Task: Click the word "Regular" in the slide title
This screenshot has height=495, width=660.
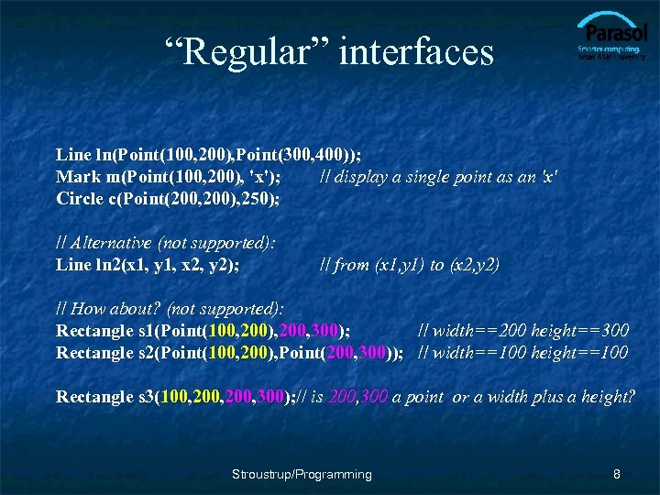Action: pyautogui.click(x=247, y=51)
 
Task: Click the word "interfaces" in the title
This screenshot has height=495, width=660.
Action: pyautogui.click(x=416, y=51)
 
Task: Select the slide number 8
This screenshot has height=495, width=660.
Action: pyautogui.click(x=617, y=474)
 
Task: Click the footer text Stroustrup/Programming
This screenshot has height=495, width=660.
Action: pyautogui.click(x=302, y=474)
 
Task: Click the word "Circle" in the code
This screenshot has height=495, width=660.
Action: pyautogui.click(x=82, y=198)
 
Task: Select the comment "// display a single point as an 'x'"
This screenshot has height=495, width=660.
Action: pyautogui.click(x=438, y=176)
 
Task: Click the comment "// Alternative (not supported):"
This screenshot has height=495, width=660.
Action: pyautogui.click(x=166, y=243)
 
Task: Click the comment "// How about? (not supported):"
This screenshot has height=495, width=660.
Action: pyautogui.click(x=170, y=309)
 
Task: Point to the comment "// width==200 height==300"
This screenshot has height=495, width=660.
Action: pyautogui.click(x=523, y=330)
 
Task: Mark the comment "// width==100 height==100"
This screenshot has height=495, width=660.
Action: pyautogui.click(x=523, y=352)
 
